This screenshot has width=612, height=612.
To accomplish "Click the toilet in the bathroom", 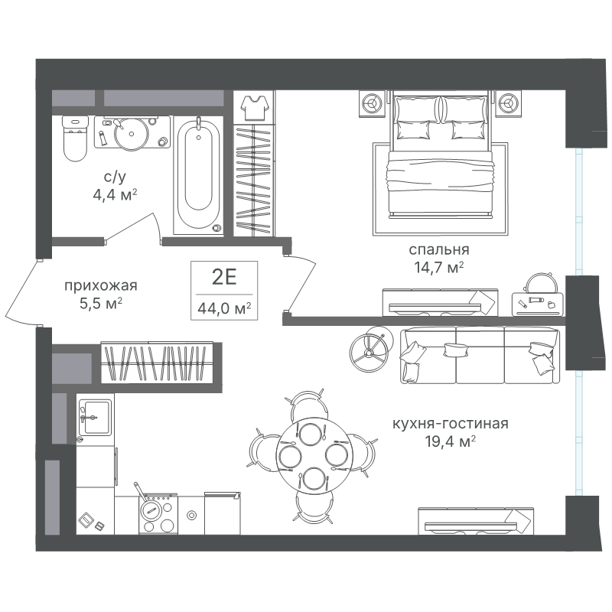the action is [75, 138].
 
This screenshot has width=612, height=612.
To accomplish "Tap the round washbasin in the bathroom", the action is [131, 133].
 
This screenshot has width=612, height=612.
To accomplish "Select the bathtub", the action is [199, 176].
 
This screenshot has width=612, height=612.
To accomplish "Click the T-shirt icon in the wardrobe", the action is [255, 107].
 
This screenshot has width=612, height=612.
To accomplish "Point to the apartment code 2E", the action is [224, 277].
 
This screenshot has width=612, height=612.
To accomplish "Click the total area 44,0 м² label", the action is [224, 308].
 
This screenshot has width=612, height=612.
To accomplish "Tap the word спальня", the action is [439, 249].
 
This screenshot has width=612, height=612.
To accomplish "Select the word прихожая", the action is [101, 285].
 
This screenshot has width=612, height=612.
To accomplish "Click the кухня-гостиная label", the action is [450, 424].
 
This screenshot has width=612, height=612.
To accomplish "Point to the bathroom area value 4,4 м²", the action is [115, 194].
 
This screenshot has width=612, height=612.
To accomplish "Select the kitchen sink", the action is [95, 417].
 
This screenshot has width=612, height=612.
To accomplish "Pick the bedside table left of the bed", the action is [373, 103].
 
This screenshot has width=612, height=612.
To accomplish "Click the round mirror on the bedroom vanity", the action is [541, 283].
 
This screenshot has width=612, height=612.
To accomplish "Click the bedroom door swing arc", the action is [301, 282].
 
